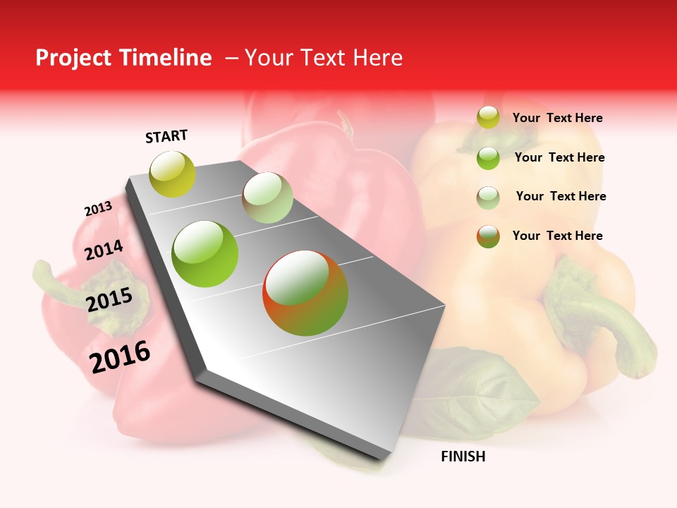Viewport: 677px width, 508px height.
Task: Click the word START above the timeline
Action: coord(166,136)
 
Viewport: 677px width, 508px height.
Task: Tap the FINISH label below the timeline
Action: coord(463,456)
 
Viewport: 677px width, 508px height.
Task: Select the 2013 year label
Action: coord(98,209)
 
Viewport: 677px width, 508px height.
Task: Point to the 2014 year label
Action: coord(104,250)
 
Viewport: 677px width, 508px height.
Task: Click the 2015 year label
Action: coord(109,300)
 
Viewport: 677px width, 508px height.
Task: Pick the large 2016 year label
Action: coord(120,356)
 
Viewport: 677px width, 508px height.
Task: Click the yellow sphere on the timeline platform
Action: coord(173,174)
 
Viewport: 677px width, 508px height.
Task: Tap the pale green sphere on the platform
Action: coord(267,198)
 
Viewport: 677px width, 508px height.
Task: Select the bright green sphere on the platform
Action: coord(205,254)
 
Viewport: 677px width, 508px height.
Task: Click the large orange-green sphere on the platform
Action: coord(305,293)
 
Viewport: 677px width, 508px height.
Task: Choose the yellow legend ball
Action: coord(488,117)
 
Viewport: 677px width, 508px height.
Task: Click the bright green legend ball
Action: coord(488,158)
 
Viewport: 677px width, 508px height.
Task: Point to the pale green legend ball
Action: coord(488,198)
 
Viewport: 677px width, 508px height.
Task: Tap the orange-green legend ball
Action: coord(488,236)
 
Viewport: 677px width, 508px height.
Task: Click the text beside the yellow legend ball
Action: coord(557,118)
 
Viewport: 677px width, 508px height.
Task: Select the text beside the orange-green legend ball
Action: coord(557,236)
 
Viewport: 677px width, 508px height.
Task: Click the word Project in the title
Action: coord(73,58)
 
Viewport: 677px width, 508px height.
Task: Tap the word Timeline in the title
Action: coord(165,58)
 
